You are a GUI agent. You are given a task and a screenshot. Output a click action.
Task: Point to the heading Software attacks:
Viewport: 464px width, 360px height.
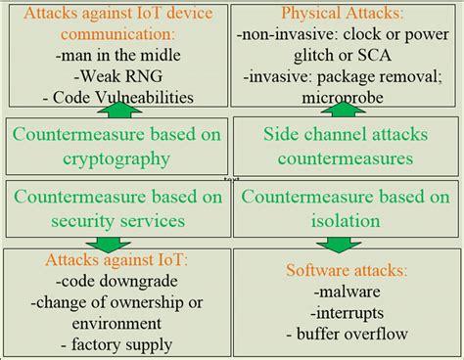tap(348, 269)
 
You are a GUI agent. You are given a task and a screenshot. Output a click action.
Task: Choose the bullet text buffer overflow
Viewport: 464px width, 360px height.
tap(354, 334)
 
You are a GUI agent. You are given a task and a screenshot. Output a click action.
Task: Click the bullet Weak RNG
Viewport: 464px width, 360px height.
tap(116, 75)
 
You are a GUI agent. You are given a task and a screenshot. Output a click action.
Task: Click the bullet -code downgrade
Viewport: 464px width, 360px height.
tap(116, 280)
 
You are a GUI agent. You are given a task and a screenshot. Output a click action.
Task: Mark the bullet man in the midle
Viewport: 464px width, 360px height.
tap(116, 55)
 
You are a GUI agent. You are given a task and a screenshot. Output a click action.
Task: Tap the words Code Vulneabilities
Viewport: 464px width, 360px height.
tap(120, 97)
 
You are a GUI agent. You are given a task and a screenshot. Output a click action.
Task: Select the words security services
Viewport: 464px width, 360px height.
tap(116, 220)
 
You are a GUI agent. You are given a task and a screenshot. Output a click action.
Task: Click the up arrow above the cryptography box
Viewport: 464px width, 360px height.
tap(116, 112)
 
